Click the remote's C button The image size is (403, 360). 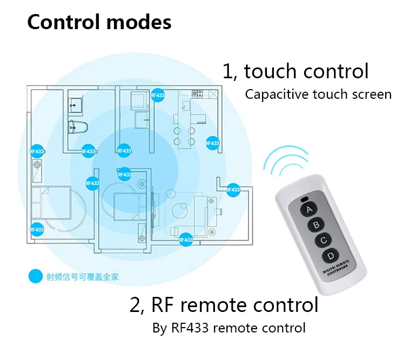click(x=323, y=240)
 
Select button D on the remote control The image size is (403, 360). click(x=329, y=256)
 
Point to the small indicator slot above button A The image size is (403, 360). click(x=303, y=199)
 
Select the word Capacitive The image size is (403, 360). click(x=277, y=94)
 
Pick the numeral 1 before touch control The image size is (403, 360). click(x=227, y=72)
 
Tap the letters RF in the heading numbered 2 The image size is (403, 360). click(x=162, y=305)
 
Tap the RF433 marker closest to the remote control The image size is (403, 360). click(x=232, y=189)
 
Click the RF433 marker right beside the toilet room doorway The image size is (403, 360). click(x=88, y=152)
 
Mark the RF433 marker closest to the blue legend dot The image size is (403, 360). click(x=37, y=229)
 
